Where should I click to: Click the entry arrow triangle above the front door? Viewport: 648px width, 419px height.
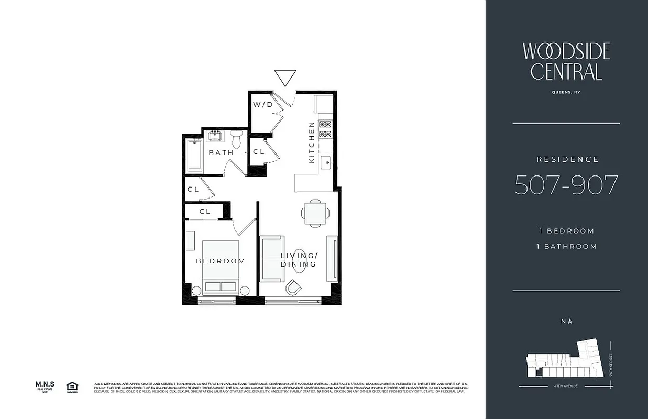point(285,77)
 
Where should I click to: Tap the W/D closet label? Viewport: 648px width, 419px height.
point(263,104)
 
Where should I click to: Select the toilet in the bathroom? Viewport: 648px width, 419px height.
point(236,140)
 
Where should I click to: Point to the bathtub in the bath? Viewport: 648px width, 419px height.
point(194,155)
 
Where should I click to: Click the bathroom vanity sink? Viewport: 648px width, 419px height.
point(215,136)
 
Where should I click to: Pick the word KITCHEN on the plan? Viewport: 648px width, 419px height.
point(312,142)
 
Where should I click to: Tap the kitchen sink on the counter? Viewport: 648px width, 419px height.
point(326,161)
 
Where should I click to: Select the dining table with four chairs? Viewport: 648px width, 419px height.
point(315,213)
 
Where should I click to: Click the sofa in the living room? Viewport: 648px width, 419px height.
point(272,258)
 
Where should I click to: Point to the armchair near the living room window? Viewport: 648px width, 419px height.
point(294,287)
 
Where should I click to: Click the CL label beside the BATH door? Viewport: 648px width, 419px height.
point(259,152)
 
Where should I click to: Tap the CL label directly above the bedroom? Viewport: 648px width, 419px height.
point(205,212)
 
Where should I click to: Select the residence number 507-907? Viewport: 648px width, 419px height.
point(566,185)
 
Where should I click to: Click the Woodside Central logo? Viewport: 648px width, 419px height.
point(566,61)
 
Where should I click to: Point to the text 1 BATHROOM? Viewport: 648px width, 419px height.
point(566,246)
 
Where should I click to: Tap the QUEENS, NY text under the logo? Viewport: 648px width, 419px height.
point(566,92)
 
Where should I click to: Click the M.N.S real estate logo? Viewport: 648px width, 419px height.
point(45,387)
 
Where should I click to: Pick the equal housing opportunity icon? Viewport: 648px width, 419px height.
point(71,387)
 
